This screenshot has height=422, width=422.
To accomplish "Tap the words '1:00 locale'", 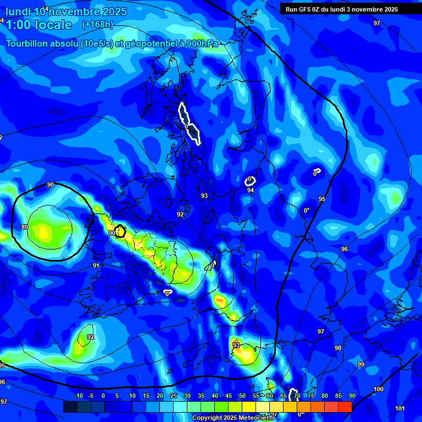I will click(x=39, y=25).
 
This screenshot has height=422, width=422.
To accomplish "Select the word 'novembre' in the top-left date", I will click(x=77, y=12).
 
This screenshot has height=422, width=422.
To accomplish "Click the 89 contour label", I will click(x=25, y=227).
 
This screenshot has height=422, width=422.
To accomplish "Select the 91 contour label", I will click(x=96, y=265).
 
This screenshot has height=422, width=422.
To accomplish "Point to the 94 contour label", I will click(x=251, y=190).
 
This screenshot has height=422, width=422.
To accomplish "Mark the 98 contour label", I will click(x=338, y=348).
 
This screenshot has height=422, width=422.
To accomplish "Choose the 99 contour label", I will click(x=361, y=364).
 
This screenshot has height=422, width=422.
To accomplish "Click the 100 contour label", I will click(x=379, y=389).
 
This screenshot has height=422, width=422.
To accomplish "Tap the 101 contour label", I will click(x=399, y=408).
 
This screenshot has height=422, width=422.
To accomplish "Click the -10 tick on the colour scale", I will click(x=78, y=396).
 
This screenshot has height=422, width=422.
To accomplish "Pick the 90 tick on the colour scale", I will click(x=352, y=396).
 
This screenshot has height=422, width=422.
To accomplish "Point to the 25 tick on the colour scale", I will click(x=174, y=396).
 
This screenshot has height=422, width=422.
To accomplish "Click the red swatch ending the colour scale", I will click(x=345, y=407).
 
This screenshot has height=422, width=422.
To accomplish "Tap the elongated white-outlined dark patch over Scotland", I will click(x=189, y=124).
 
